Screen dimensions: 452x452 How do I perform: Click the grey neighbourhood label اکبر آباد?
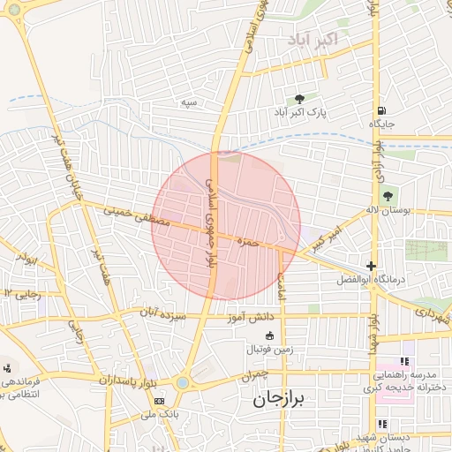pos(313,40)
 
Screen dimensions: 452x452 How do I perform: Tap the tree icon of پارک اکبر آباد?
pos(299,99)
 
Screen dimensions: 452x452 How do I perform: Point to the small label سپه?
pos(188,103)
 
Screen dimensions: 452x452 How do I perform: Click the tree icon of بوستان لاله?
pos(386,195)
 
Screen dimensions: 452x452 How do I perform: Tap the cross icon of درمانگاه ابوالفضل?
pos(371,266)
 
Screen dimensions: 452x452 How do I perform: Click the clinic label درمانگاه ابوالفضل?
pos(370,280)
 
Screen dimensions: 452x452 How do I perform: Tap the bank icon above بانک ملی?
pos(158,401)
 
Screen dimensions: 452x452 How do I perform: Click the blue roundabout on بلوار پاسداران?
pos(182,382)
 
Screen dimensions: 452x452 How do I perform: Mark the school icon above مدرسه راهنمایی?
pos(405,361)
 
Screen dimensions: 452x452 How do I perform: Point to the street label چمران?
pos(259,376)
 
